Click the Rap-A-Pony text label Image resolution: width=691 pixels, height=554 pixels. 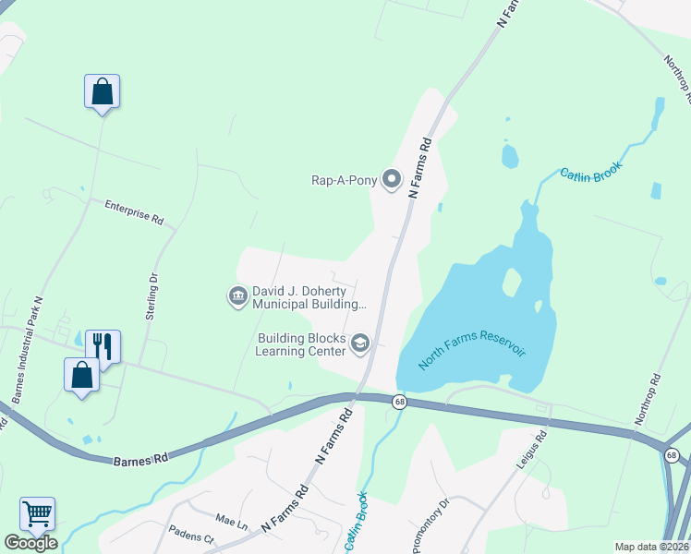coord(344,180)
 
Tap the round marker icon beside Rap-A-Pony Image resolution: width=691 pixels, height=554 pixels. coord(392,180)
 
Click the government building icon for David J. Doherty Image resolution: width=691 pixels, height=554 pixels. coord(236,296)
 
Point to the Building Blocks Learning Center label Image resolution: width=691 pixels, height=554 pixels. coord(301,345)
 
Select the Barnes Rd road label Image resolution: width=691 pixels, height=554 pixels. coord(140,458)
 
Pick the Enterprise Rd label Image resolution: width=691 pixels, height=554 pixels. coord(133,213)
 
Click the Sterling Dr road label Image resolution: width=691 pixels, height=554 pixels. coord(151,295)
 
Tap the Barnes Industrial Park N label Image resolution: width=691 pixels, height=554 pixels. coord(28,350)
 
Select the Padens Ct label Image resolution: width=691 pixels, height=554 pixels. coord(191,535)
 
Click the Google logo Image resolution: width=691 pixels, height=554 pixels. coord(30,543)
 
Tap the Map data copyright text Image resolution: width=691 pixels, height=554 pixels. coord(651,547)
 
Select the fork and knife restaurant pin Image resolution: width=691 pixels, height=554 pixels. coord(103,347)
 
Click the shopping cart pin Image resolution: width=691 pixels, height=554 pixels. coord(37,513)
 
